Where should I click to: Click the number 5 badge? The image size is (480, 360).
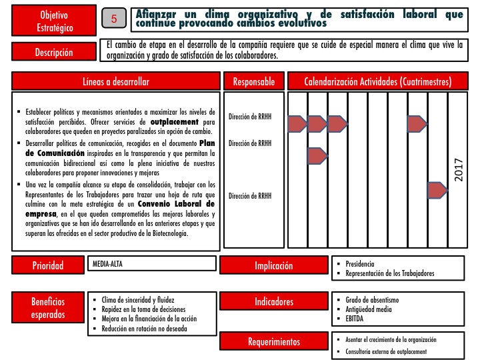114,20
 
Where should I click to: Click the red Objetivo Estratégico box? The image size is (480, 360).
53,21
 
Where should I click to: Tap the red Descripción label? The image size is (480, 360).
54,53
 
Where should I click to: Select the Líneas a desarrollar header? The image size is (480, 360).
116,81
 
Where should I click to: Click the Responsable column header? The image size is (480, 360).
253,81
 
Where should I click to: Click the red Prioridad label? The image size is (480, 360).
49,266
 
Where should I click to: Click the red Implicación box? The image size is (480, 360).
273,266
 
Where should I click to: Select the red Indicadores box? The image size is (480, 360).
273,302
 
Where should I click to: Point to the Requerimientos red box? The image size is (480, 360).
273,342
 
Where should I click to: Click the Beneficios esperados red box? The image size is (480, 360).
48,307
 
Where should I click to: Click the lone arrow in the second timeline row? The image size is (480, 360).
317,155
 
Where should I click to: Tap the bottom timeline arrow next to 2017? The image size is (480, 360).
437,191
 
